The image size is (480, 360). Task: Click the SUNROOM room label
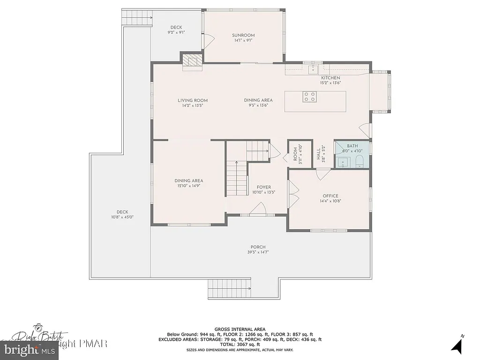pyautogui.click(x=243, y=35)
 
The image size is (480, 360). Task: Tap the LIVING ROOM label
pyautogui.click(x=192, y=100)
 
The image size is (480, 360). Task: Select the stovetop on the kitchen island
pyautogui.click(x=309, y=97)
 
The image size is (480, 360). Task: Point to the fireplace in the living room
pyautogui.click(x=192, y=61)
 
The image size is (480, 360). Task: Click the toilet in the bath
pyautogui.click(x=360, y=162)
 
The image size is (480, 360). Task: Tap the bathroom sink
pyautogui.click(x=343, y=163)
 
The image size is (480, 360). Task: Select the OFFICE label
pyautogui.click(x=330, y=196)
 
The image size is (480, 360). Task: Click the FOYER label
pyautogui.click(x=263, y=187)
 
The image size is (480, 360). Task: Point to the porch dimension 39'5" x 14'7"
pyautogui.click(x=258, y=252)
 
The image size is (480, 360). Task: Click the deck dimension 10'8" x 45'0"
pyautogui.click(x=119, y=217)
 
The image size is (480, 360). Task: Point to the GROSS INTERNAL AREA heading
pyautogui.click(x=240, y=329)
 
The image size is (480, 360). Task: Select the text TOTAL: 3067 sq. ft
pyautogui.click(x=240, y=345)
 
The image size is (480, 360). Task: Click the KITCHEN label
pyautogui.click(x=330, y=78)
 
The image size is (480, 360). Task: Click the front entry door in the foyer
pyautogui.click(x=258, y=210)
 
